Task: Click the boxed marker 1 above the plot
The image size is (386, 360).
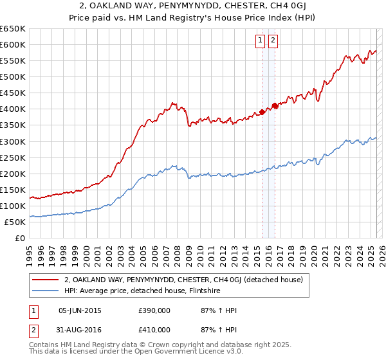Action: (x=261, y=40)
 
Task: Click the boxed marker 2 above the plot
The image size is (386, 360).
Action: (x=273, y=40)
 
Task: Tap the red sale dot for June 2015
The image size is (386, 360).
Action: (x=262, y=112)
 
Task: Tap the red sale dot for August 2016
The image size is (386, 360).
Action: (x=275, y=105)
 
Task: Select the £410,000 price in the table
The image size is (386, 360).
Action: (x=156, y=331)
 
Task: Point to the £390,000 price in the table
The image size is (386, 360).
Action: (x=156, y=310)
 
